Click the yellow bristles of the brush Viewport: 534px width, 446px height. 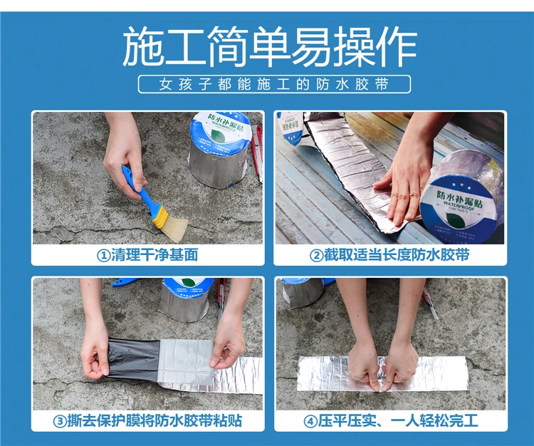[x=172, y=225]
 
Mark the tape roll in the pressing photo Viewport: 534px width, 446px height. [x=303, y=291]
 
